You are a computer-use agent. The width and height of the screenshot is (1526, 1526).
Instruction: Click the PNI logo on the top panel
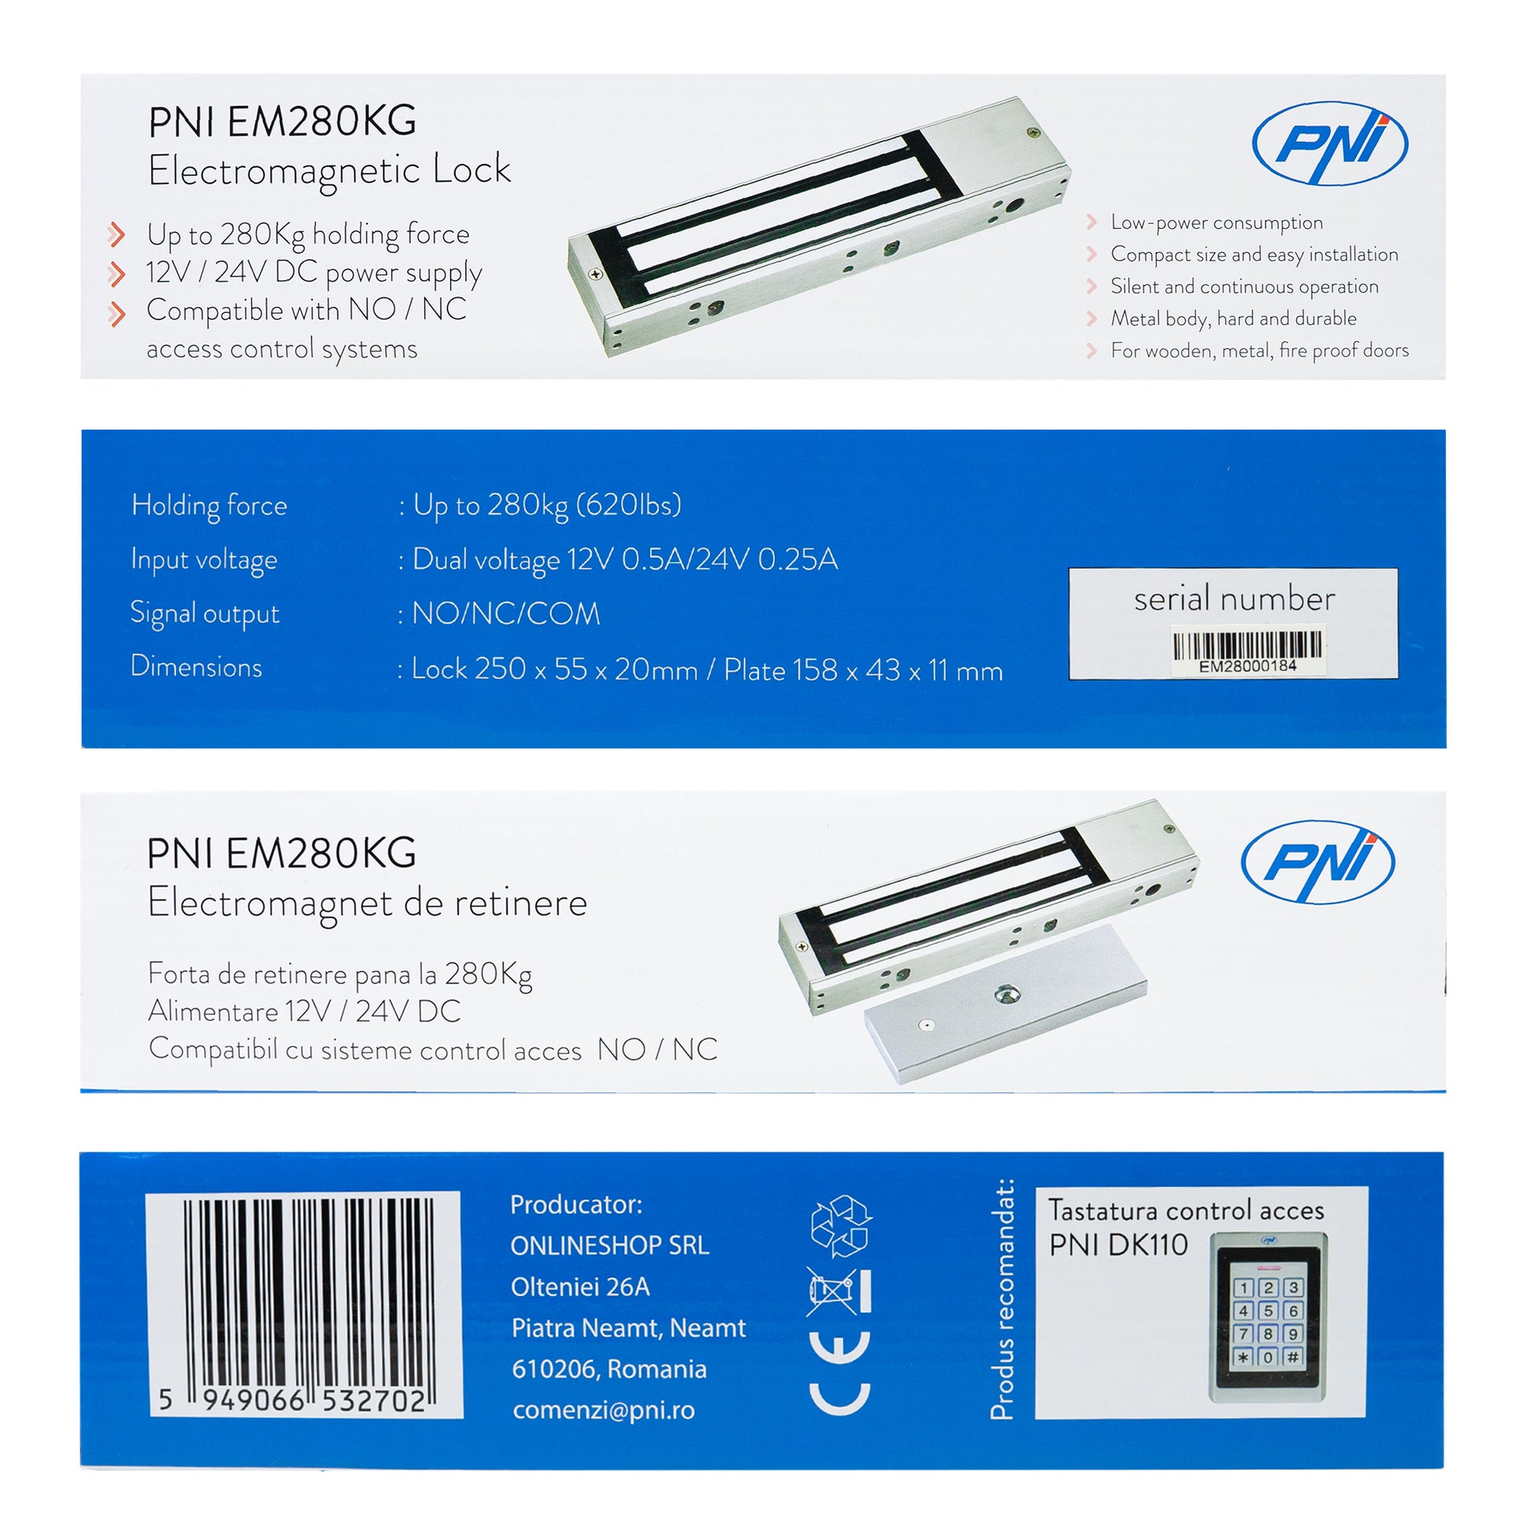click(x=1329, y=144)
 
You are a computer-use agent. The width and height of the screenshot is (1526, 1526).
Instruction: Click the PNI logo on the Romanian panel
click(x=1317, y=862)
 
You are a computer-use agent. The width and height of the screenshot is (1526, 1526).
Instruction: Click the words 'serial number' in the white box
click(x=1234, y=599)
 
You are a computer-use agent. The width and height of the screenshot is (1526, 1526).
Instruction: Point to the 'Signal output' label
click(x=205, y=615)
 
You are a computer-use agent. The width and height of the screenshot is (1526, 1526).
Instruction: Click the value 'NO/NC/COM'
click(x=506, y=615)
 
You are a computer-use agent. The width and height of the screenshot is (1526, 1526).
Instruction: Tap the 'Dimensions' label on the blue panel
click(x=196, y=667)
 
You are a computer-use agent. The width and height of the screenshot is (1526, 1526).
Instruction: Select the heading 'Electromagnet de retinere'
click(x=367, y=903)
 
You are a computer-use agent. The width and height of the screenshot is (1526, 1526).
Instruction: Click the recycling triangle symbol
click(x=841, y=1226)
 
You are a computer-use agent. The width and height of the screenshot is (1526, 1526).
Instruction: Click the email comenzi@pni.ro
click(x=604, y=1411)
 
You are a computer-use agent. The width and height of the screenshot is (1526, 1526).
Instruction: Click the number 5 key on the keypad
click(x=1268, y=1311)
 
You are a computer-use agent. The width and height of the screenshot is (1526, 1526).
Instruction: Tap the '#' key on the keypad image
click(x=1292, y=1357)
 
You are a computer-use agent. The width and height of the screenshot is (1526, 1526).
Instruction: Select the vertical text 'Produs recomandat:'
click(x=1001, y=1299)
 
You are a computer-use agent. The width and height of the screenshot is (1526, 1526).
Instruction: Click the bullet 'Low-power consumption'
click(x=1216, y=223)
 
